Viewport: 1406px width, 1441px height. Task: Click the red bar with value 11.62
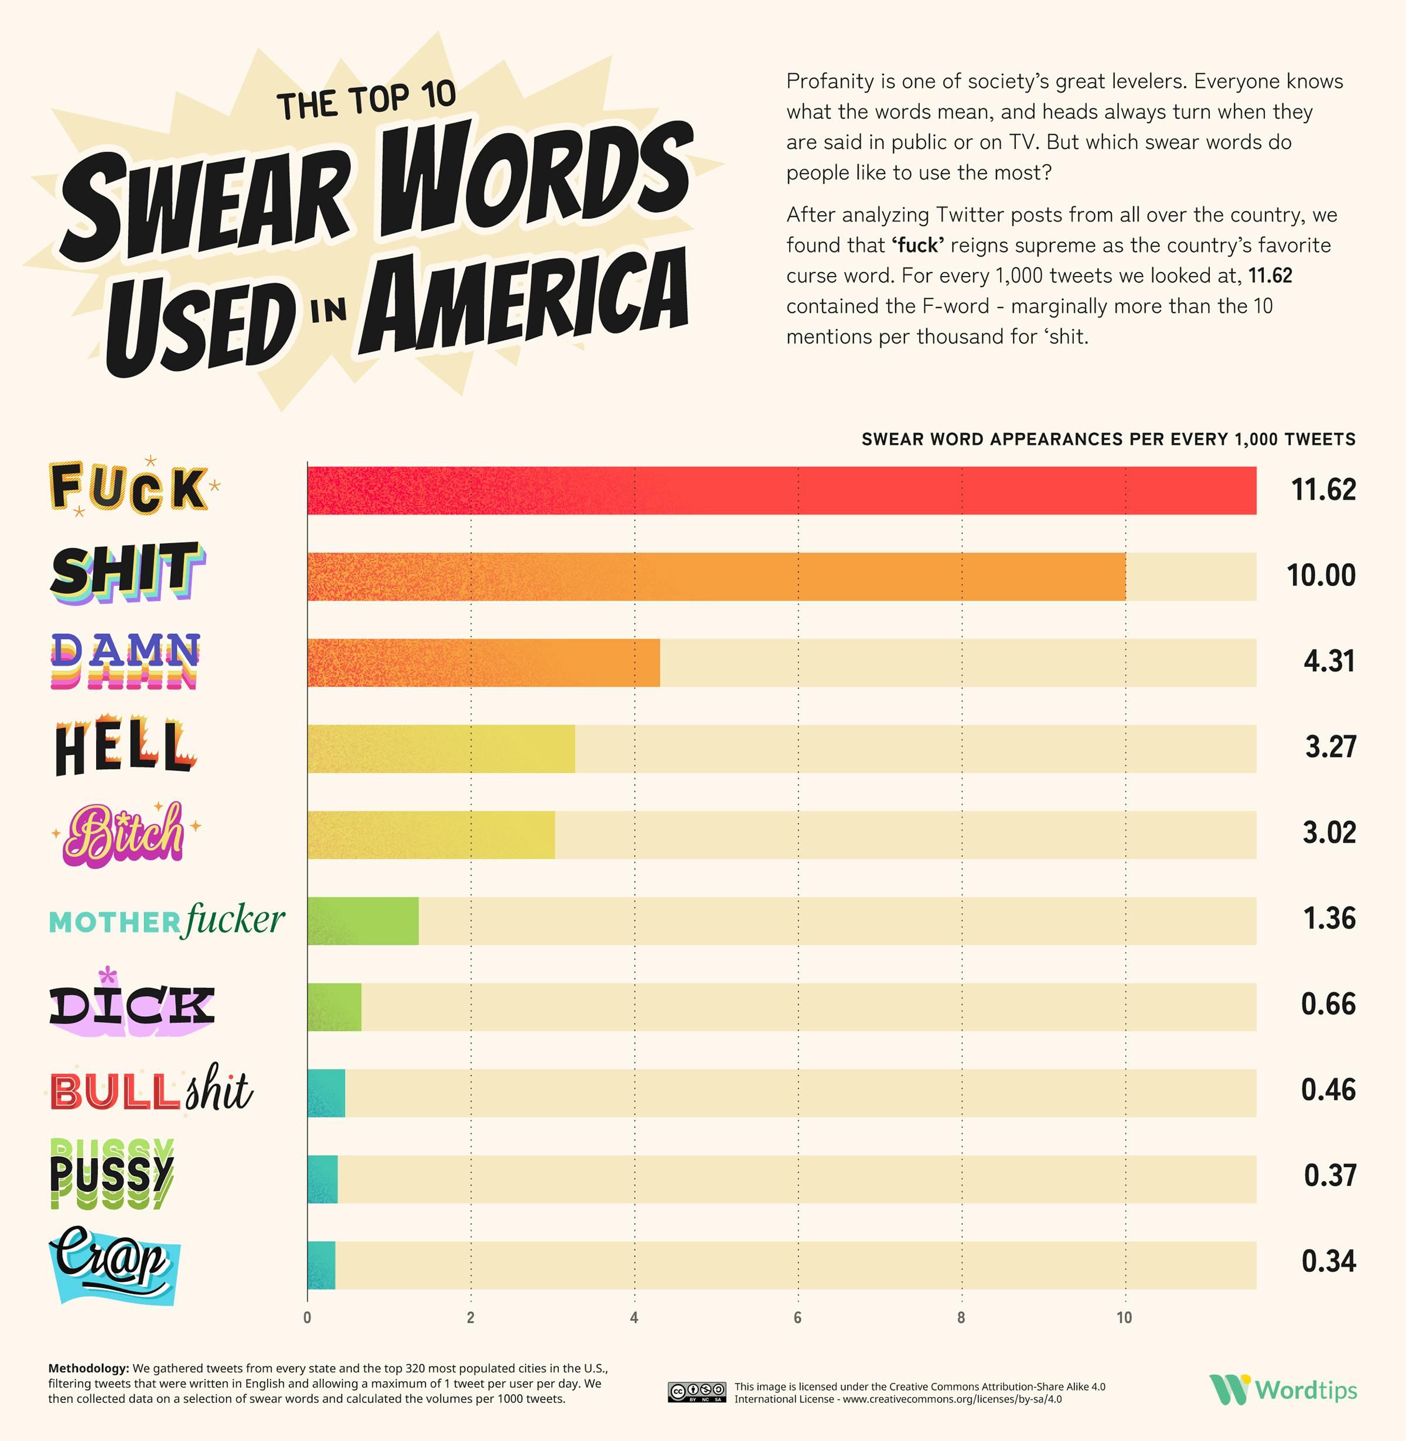coord(782,490)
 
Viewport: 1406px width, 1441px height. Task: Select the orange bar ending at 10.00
coord(716,577)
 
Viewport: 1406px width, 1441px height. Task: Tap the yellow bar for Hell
coord(441,749)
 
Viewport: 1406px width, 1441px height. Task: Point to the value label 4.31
coord(1329,661)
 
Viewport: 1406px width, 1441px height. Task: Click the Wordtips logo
coord(1282,1390)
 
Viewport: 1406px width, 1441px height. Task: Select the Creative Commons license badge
coord(697,1392)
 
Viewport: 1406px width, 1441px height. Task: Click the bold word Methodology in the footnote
coord(88,1368)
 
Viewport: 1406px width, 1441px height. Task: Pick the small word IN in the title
coord(328,310)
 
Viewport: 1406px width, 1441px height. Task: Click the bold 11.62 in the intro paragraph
coord(1270,276)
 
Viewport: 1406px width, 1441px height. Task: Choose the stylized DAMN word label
coord(125,660)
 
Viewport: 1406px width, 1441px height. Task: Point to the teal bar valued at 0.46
coord(326,1093)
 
